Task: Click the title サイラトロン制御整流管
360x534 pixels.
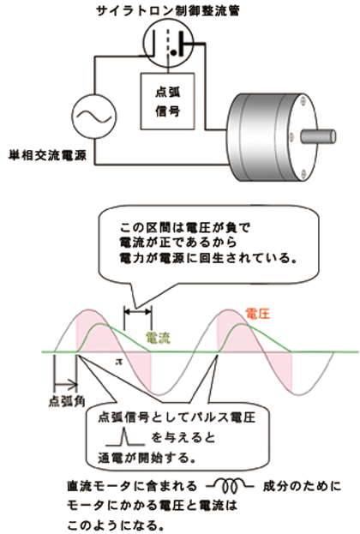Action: [167, 10]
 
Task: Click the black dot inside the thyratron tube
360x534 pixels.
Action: [174, 53]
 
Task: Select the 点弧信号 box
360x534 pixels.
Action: [168, 101]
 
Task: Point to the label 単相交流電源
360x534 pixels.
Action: [47, 156]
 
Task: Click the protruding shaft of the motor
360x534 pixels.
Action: [318, 136]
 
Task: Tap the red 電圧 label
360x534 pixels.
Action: [257, 314]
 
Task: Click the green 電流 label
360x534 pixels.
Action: [158, 337]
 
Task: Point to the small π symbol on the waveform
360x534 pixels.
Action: [118, 362]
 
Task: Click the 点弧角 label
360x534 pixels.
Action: [67, 401]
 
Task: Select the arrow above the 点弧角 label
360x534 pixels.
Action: [65, 385]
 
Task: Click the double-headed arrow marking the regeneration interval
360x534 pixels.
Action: [138, 311]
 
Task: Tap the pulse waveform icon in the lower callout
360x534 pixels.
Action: [125, 437]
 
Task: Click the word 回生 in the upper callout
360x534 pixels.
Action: [212, 258]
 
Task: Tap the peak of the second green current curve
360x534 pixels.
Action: [242, 324]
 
